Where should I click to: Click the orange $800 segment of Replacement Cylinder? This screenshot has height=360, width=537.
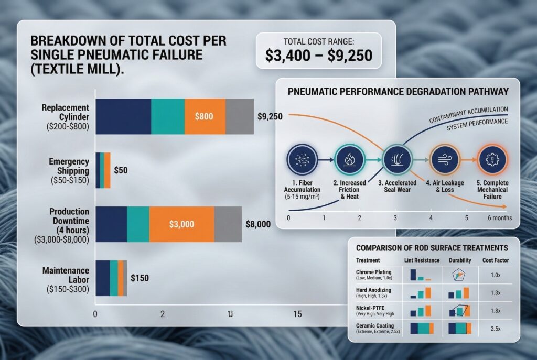tap(205, 116)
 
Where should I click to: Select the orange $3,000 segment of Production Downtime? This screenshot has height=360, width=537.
tap(181, 224)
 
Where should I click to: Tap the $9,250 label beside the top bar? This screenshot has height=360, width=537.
tap(271, 116)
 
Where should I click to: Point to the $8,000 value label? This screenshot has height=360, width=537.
tap(258, 224)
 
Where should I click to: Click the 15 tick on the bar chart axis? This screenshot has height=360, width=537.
tap(297, 314)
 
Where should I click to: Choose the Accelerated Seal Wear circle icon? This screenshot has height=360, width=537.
tap(397, 160)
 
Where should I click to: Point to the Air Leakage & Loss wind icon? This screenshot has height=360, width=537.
tap(445, 160)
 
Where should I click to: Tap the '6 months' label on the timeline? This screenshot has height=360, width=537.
tap(500, 217)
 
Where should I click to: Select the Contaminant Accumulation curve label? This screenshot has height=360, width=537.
tap(468, 112)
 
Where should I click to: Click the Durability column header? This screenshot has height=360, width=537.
tap(460, 260)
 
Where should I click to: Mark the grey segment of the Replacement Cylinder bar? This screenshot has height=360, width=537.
tap(240, 116)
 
